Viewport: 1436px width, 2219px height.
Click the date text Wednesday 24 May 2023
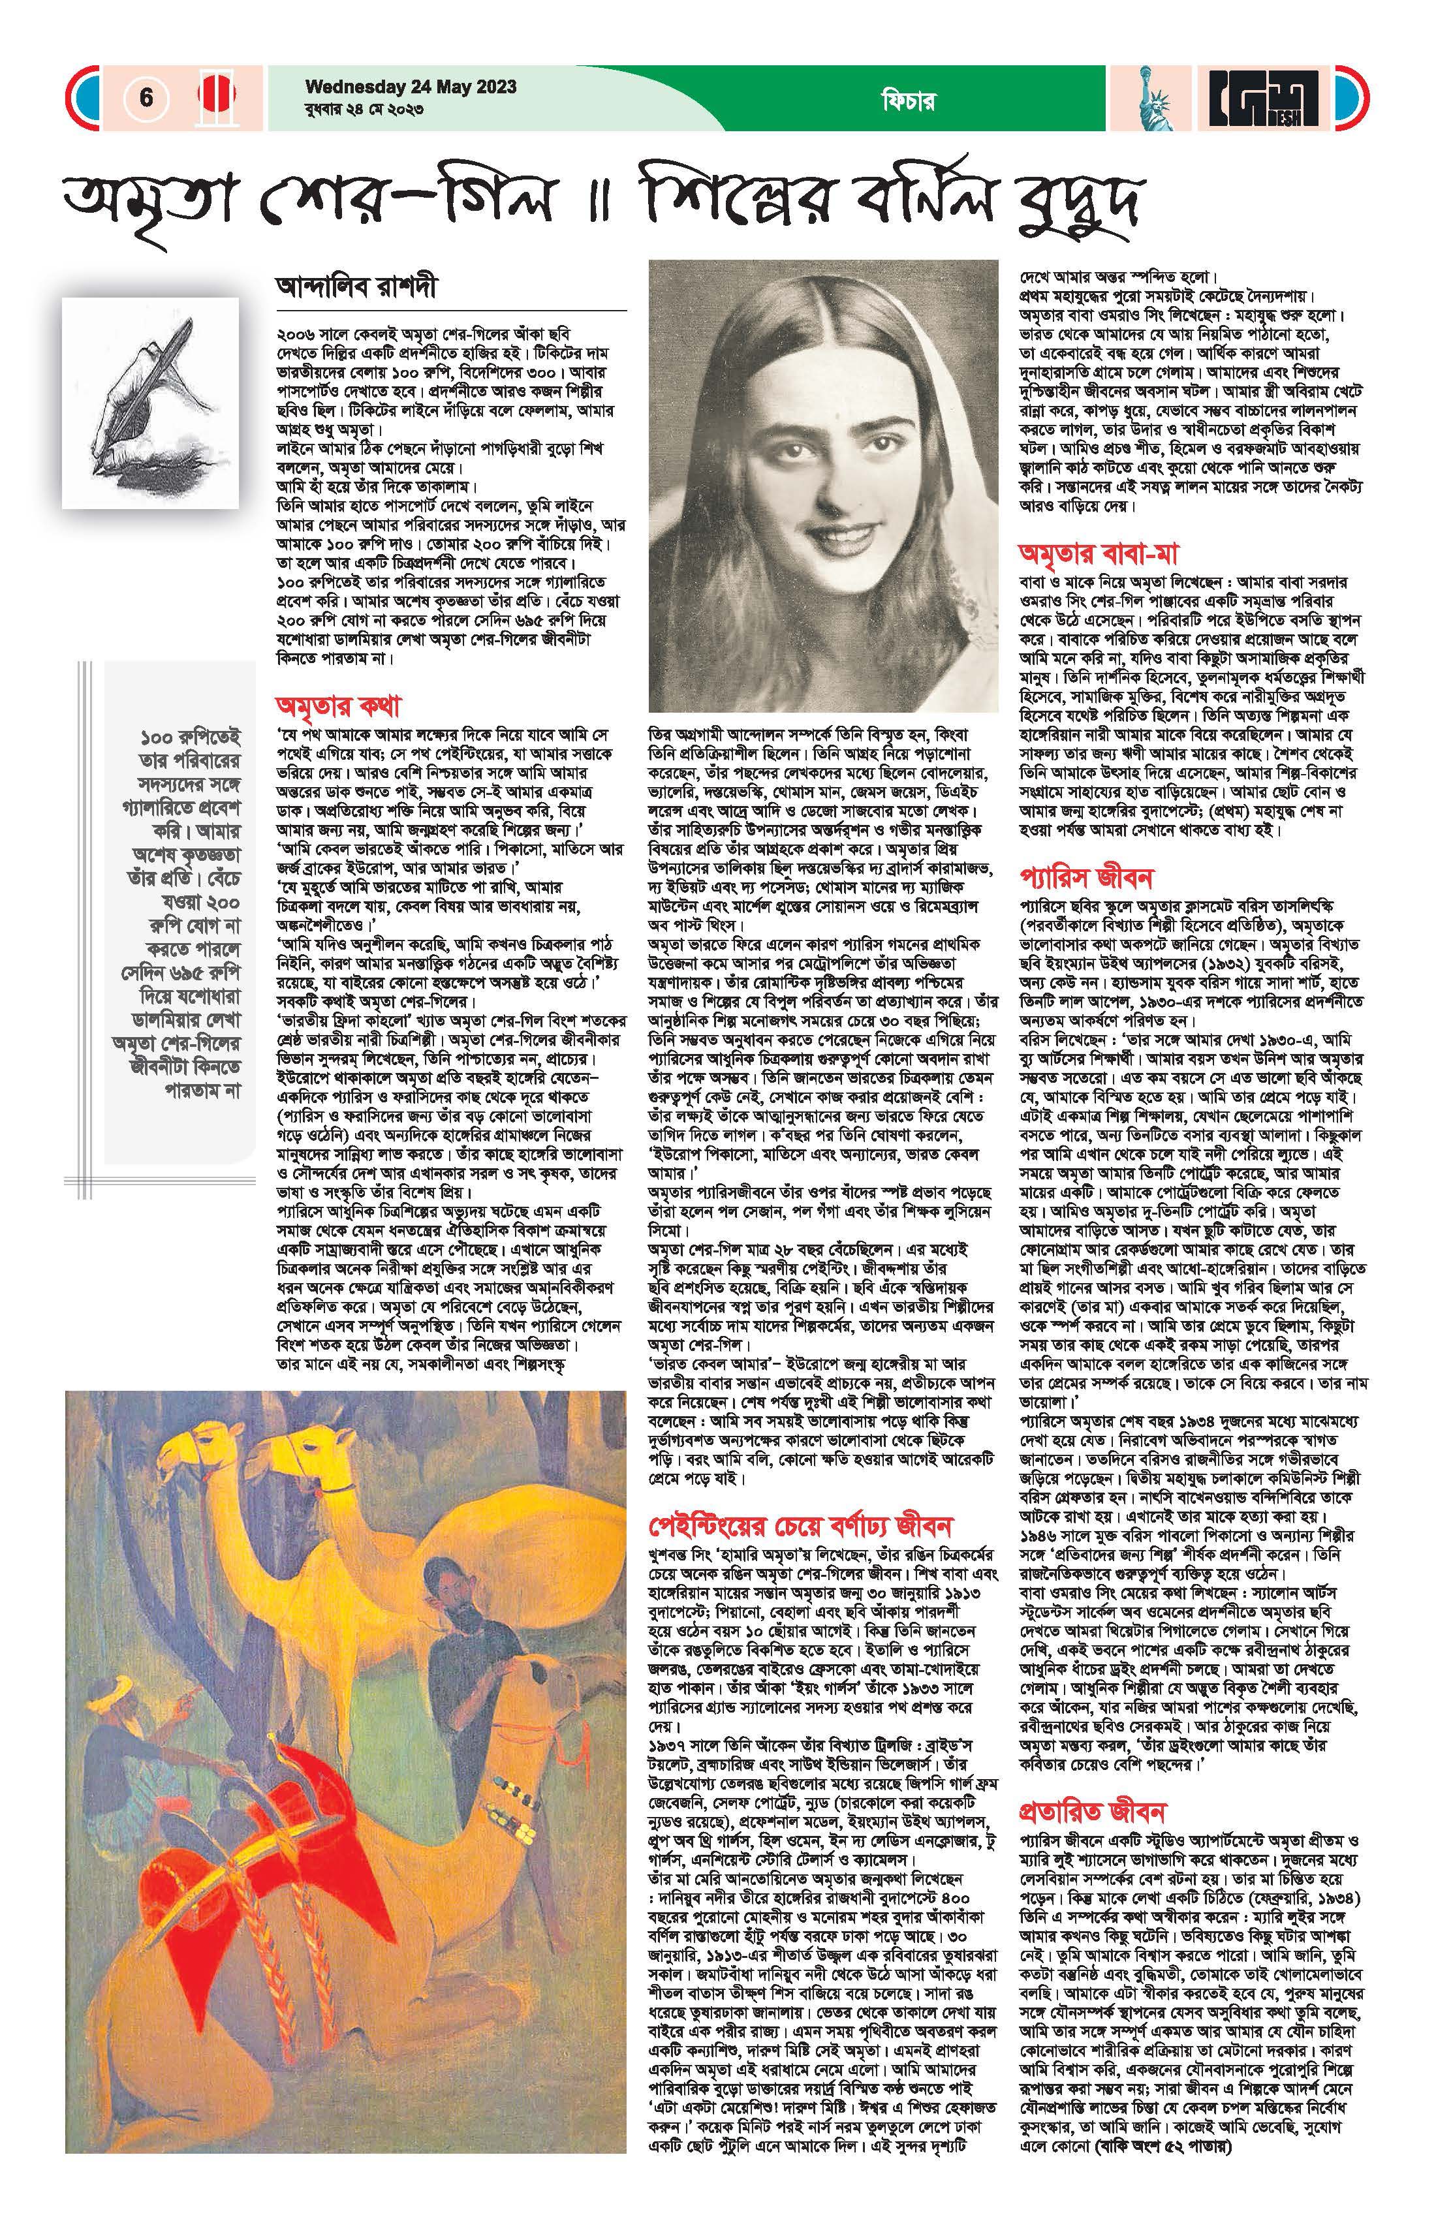411,87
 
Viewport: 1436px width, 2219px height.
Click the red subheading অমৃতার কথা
337,705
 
